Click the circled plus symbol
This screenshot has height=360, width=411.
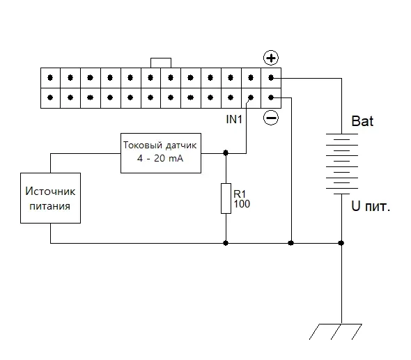[x=271, y=58]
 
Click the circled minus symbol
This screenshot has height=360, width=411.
[x=271, y=118]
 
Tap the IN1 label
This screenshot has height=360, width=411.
[x=234, y=119]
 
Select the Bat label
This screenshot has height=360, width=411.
[x=362, y=121]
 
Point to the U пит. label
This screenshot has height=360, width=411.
[x=371, y=206]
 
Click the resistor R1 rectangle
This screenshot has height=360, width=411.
[x=226, y=198]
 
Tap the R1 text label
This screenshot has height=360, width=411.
[x=240, y=194]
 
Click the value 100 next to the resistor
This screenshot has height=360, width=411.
[x=242, y=204]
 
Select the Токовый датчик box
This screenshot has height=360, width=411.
[x=161, y=153]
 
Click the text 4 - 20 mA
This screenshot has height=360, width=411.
[x=160, y=158]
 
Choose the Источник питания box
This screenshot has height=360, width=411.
[x=50, y=198]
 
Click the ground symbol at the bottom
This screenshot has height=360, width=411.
[x=336, y=331]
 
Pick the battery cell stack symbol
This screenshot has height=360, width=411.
[x=342, y=164]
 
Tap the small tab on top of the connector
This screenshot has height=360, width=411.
[x=161, y=63]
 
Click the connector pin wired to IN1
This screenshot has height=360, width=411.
[x=251, y=97]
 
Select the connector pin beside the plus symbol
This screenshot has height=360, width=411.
[x=271, y=77]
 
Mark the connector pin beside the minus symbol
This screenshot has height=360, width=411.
[x=271, y=97]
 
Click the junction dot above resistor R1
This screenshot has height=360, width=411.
[x=226, y=152]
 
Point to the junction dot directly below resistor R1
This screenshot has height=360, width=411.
[x=226, y=243]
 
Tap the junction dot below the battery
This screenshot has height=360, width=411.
[x=341, y=243]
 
